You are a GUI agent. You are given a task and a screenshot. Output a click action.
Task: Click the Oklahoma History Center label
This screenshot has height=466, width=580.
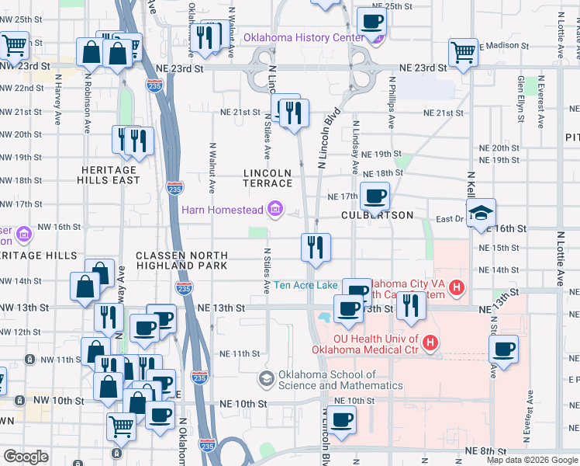tap(303, 37)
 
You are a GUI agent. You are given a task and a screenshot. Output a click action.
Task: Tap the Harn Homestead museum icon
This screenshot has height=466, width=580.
tap(274, 210)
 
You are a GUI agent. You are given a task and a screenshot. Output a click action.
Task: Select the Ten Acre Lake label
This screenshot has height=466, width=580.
tap(306, 285)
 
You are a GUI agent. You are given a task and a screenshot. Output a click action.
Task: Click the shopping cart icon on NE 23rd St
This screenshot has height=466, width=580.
tap(463, 53)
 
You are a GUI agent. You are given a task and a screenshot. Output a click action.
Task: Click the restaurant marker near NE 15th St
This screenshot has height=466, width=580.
tap(316, 247)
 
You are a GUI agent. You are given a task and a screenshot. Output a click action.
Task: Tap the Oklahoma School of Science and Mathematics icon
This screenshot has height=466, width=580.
tap(267, 379)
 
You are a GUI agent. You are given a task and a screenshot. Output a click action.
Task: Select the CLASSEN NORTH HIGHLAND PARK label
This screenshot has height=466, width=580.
tap(181, 260)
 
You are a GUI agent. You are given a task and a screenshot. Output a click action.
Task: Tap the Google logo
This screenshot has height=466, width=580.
tap(26, 457)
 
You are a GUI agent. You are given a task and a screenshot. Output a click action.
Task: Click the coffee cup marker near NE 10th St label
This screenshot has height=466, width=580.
tap(341, 420)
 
